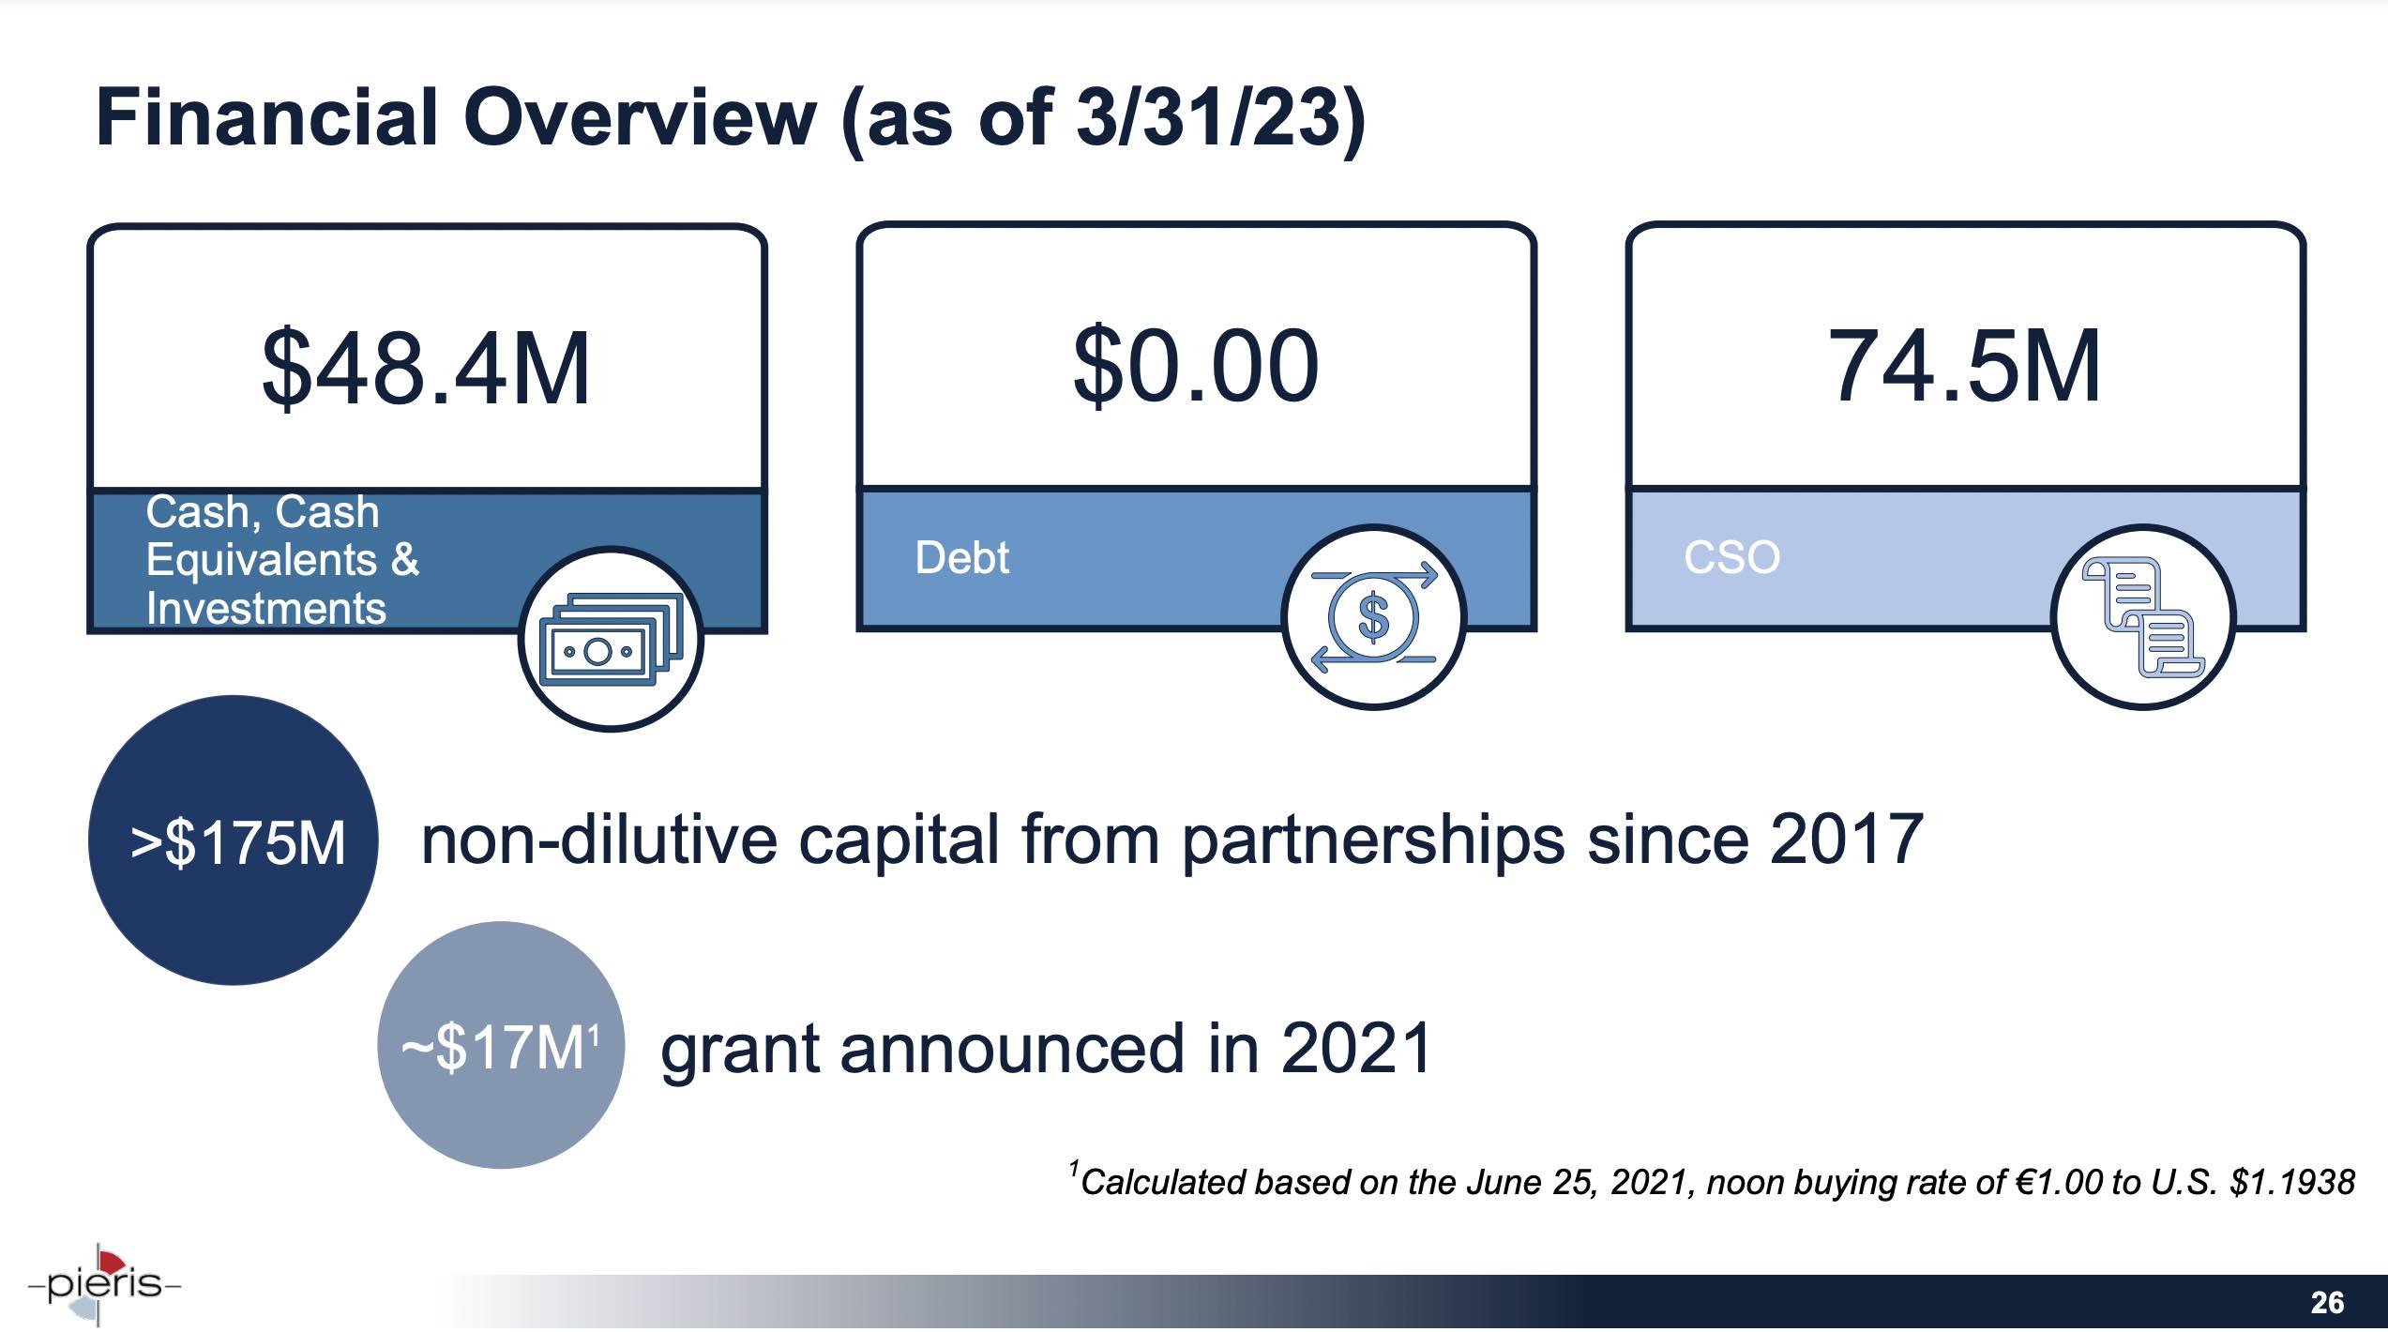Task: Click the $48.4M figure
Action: pos(426,369)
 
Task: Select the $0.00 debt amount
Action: pos(1196,366)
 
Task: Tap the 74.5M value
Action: pos(1964,367)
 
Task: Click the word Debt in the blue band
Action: pos(961,558)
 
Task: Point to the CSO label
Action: pos(1731,557)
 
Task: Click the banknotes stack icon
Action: pos(611,640)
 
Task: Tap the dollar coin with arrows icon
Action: pos(1374,618)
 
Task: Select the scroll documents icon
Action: pos(2142,618)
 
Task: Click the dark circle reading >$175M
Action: pos(234,841)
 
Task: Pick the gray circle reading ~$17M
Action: pos(500,1046)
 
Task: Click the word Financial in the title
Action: pos(267,118)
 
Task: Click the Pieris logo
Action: pos(103,1283)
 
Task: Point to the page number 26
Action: pos(2327,1303)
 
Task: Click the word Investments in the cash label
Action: pos(265,609)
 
